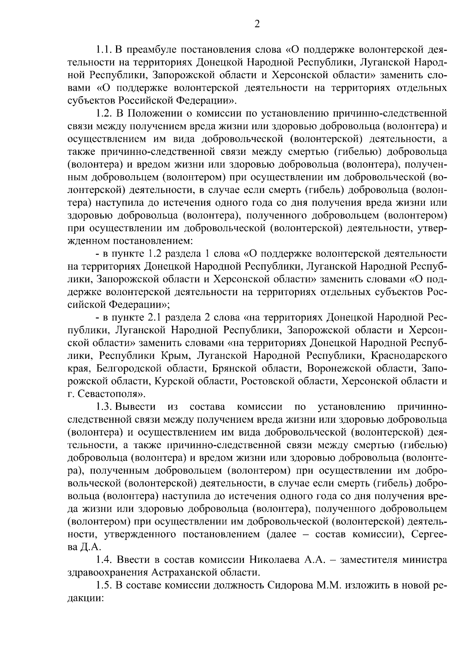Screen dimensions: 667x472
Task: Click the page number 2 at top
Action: pyautogui.click(x=257, y=24)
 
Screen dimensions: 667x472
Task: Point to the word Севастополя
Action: pyautogui.click(x=111, y=394)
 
